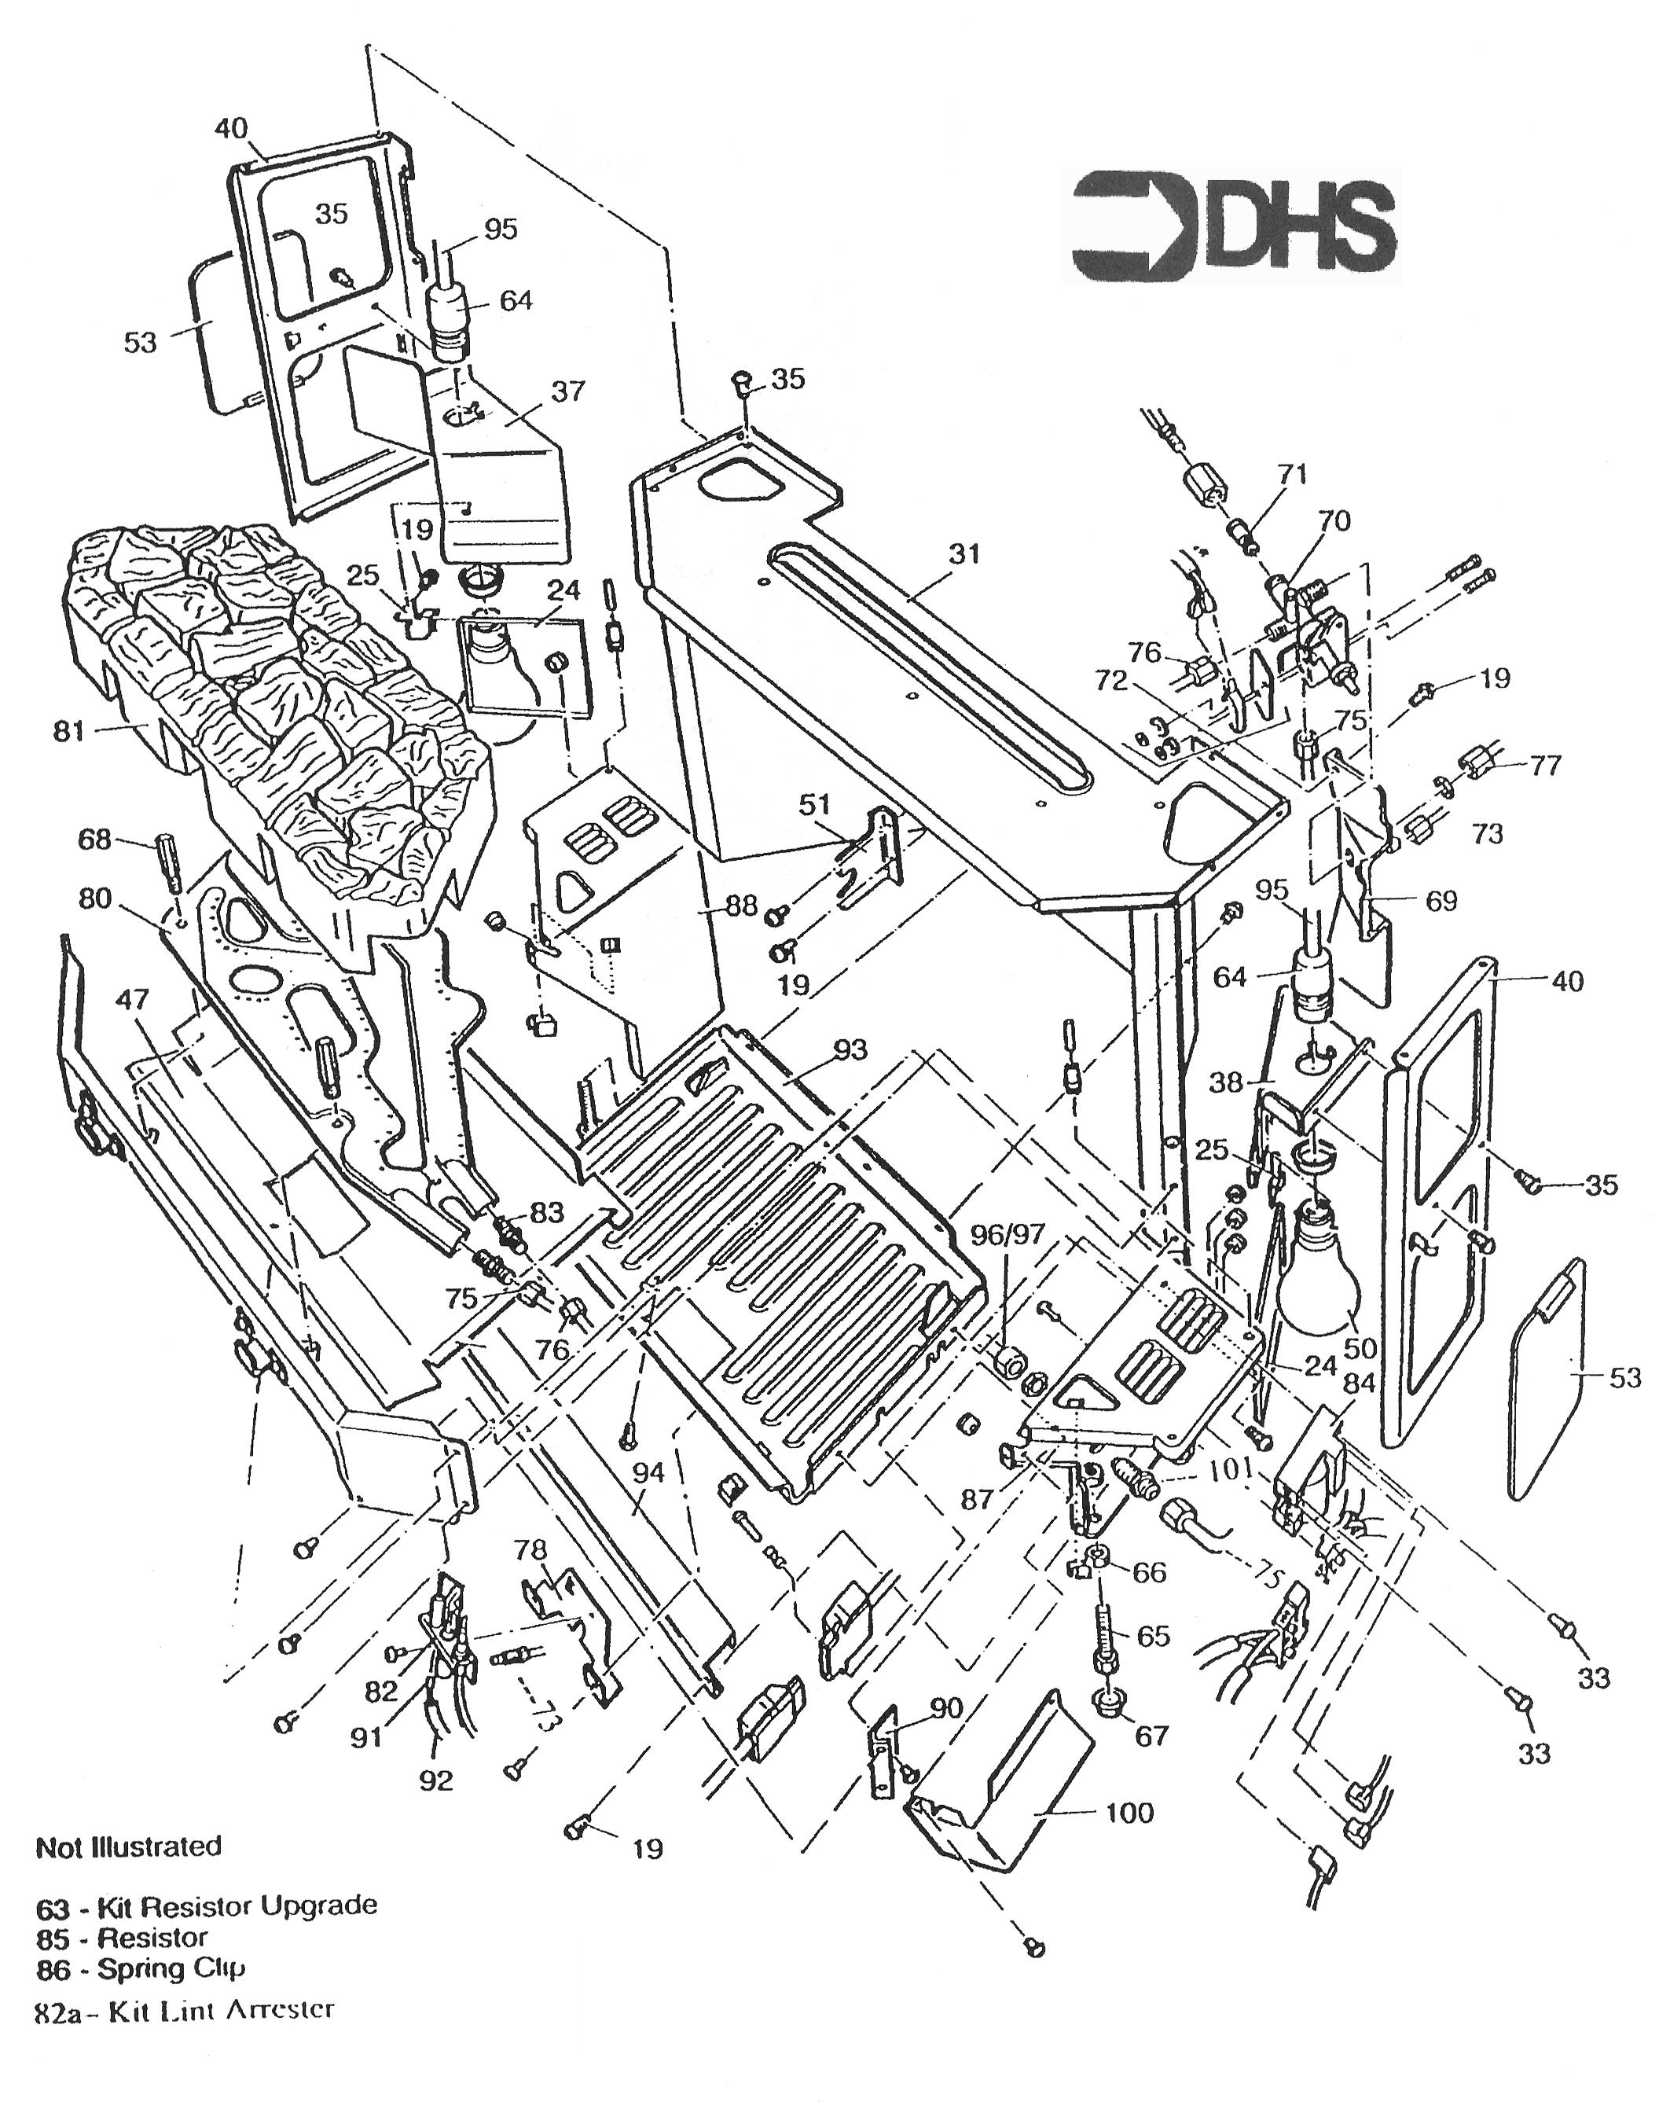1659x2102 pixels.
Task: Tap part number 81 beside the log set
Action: click(69, 730)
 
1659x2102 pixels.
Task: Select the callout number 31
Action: click(963, 555)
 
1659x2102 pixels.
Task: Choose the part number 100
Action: click(1129, 1813)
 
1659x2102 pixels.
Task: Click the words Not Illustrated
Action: click(129, 1847)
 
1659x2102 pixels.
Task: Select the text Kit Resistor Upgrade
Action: click(238, 1905)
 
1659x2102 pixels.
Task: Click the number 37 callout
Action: click(568, 391)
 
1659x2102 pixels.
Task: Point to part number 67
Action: click(1152, 1735)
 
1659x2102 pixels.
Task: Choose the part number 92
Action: click(437, 1780)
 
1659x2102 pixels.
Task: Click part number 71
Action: click(1292, 475)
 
